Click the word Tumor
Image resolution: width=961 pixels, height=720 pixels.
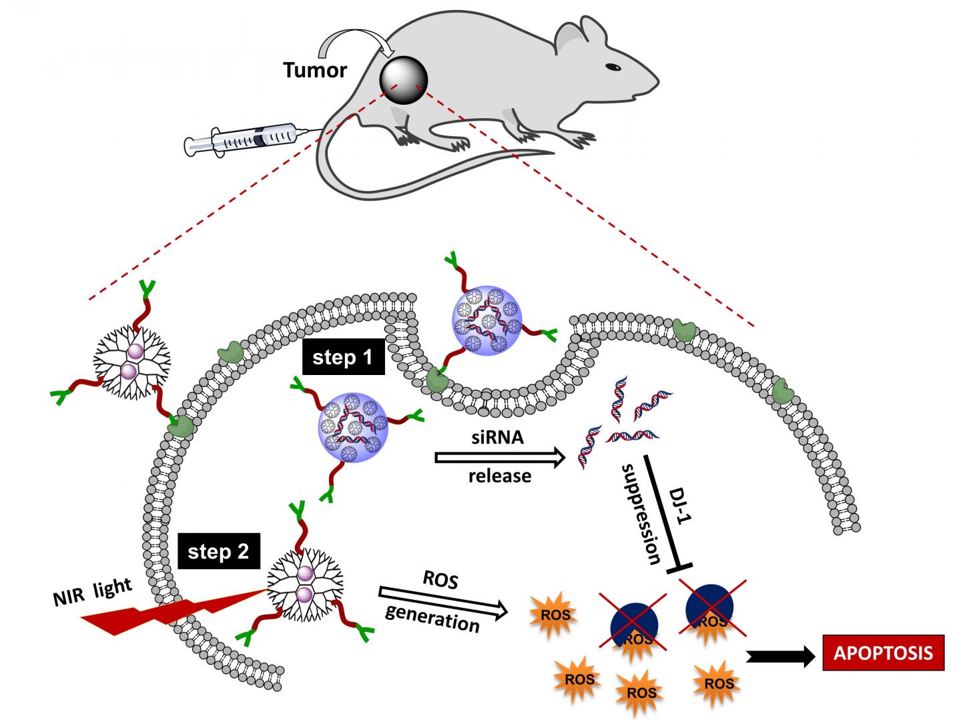point(315,70)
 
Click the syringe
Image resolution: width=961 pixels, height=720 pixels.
point(244,139)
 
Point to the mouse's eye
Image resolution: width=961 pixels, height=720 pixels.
point(612,67)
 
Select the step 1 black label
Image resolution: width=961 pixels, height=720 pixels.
point(342,358)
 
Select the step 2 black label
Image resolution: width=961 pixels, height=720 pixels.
point(218,552)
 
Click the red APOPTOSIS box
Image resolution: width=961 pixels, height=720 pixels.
point(882,652)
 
